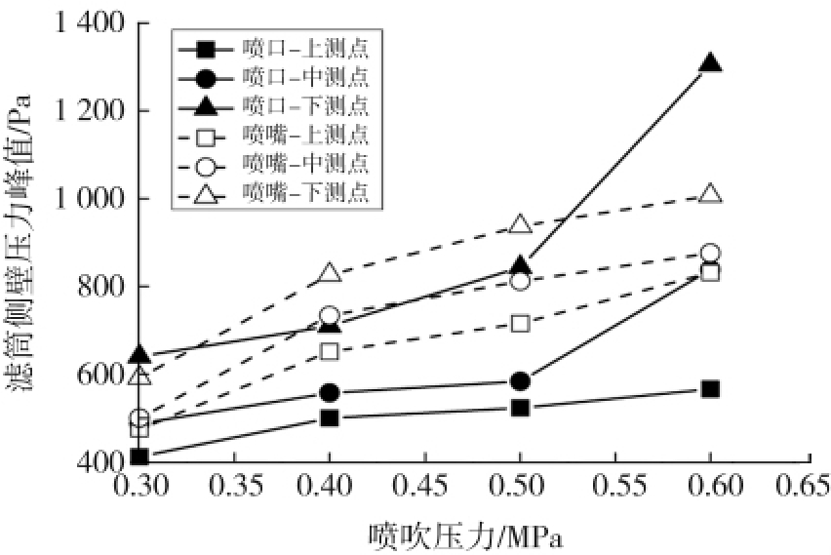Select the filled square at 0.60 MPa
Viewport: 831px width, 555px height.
tap(711, 389)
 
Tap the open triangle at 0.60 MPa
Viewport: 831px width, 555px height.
tap(711, 194)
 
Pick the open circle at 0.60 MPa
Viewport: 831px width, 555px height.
tap(711, 254)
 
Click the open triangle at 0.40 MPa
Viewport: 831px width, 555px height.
tap(330, 273)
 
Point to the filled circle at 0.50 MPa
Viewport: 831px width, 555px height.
tap(520, 381)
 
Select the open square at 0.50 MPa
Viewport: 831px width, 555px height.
tap(520, 323)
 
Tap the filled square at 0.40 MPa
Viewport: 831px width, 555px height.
tap(330, 418)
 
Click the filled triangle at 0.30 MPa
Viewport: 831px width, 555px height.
tap(139, 354)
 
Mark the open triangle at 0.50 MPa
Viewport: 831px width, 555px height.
tap(520, 225)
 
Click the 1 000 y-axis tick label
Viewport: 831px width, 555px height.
tap(84, 199)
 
